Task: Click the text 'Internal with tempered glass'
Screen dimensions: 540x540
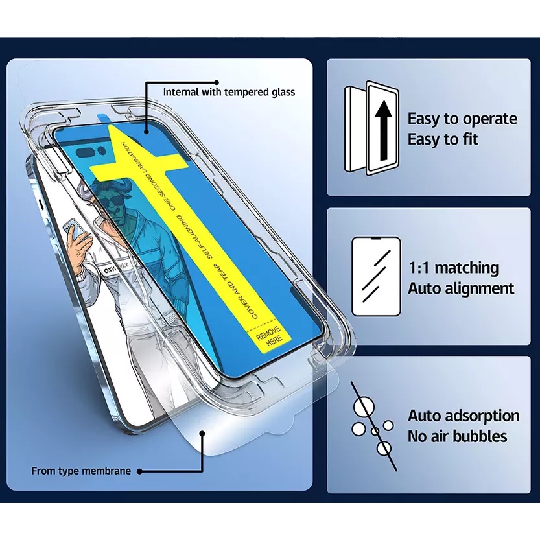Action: tap(228, 92)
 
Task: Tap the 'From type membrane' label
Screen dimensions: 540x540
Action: tap(81, 471)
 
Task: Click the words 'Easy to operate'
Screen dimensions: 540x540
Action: tap(462, 119)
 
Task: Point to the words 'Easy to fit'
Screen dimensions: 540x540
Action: tap(443, 139)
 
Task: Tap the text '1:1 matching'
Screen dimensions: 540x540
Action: tap(453, 268)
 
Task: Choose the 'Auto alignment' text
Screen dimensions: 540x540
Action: tap(461, 288)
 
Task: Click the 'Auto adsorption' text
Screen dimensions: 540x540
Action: tap(464, 416)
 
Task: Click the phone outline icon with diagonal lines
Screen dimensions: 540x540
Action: tap(376, 276)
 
